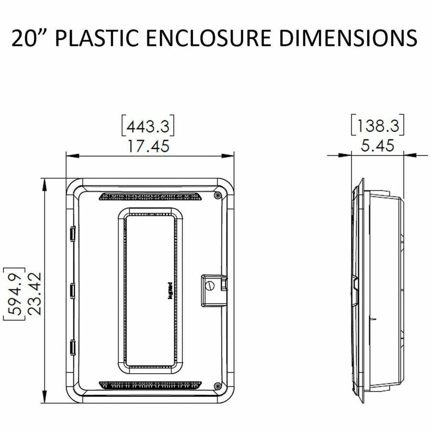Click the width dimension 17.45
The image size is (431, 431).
click(x=148, y=146)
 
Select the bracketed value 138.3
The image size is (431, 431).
click(x=378, y=126)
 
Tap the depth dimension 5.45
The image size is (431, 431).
click(x=377, y=146)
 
